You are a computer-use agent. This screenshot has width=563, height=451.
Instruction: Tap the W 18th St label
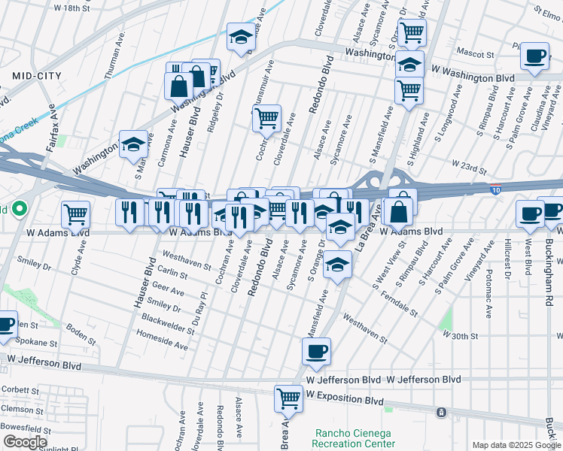(72, 8)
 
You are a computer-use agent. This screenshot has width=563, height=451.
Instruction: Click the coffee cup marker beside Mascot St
(535, 58)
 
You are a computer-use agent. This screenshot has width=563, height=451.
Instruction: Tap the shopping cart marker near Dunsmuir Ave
(266, 119)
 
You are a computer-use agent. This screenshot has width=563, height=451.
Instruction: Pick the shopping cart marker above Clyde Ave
(75, 215)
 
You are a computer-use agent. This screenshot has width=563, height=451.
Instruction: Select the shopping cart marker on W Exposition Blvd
(288, 398)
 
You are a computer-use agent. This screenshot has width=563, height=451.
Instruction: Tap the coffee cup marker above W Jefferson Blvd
(317, 352)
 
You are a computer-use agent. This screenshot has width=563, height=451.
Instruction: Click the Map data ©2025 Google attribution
(516, 445)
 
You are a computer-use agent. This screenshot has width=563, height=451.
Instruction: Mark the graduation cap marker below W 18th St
(241, 40)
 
